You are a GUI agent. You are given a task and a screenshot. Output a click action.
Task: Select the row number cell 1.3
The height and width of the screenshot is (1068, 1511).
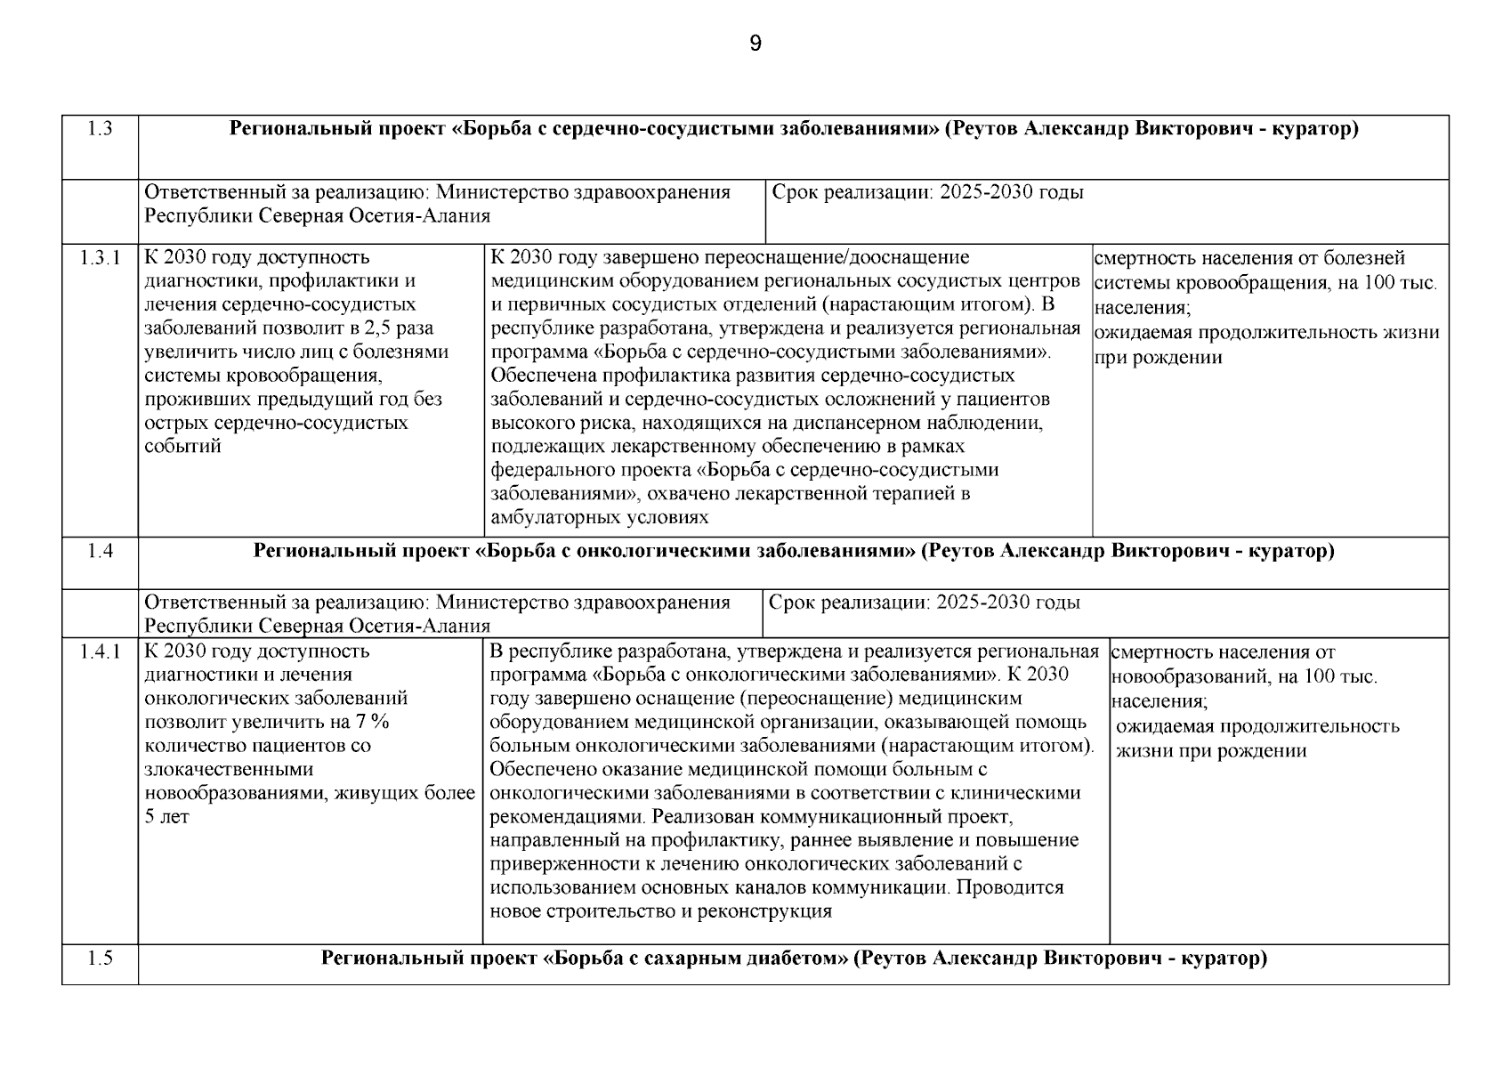(101, 129)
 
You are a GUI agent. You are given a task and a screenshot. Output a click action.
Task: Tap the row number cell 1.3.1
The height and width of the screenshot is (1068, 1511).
(100, 258)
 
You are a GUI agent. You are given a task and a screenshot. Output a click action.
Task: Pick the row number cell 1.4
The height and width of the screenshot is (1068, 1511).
(101, 551)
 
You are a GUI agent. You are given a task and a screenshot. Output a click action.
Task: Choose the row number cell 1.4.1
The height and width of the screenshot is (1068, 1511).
(100, 651)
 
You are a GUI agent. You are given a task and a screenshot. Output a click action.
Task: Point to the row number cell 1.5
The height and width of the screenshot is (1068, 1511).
(101, 959)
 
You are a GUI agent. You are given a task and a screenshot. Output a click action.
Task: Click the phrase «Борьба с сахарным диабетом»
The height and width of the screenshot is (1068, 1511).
(694, 959)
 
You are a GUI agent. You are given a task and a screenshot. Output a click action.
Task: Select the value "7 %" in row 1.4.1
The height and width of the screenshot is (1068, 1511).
(372, 722)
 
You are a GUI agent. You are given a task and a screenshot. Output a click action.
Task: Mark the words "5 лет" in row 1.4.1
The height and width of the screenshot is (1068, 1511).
(166, 816)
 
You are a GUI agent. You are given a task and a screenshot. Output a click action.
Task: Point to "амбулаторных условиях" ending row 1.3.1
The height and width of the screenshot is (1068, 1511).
(599, 517)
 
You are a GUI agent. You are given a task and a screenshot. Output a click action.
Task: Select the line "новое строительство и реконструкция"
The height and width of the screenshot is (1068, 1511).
(661, 911)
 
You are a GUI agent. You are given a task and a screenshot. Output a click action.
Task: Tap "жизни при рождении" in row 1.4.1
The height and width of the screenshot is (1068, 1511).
(1211, 750)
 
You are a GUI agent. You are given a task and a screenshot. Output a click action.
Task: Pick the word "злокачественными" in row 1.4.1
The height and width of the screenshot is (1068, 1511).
(229, 769)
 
